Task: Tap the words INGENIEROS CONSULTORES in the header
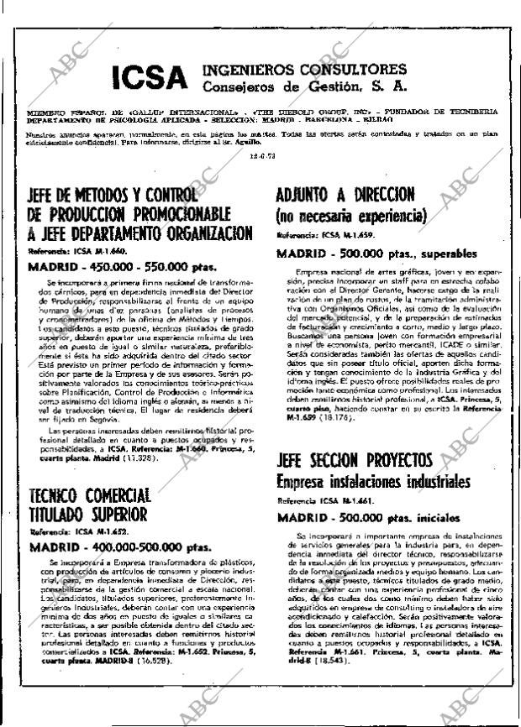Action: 304,69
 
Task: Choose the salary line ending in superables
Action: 376,253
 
